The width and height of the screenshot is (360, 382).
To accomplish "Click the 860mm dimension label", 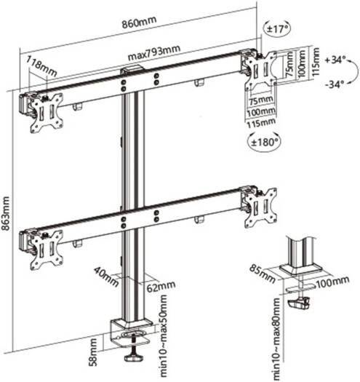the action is tap(139, 22).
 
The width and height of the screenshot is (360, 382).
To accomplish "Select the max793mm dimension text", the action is tap(154, 52).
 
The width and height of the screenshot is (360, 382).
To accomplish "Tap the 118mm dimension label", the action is tap(41, 65).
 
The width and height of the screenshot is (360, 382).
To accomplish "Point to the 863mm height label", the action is tap(5, 213).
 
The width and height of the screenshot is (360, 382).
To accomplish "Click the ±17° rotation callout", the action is tap(277, 29).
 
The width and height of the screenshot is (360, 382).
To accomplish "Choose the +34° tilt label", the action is tap(335, 60).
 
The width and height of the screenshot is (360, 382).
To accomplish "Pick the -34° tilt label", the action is tap(335, 84).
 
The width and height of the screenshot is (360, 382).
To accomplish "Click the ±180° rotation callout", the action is tap(264, 142).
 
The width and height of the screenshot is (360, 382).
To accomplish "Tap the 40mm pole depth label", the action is tap(106, 276).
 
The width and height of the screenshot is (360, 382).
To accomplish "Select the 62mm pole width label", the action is tap(161, 287).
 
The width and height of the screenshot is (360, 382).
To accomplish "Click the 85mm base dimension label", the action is tap(262, 274).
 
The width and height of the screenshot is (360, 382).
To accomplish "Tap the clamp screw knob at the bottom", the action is tap(134, 358).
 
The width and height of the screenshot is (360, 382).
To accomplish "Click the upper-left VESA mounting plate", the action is tap(47, 113).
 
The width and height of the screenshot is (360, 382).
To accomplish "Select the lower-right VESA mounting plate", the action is tap(260, 208).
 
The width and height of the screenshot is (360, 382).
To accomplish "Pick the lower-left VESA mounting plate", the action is tap(47, 250).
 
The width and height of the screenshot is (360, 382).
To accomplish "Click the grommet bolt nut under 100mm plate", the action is tap(299, 304).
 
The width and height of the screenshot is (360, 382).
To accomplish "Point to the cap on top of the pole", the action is tap(132, 68).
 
